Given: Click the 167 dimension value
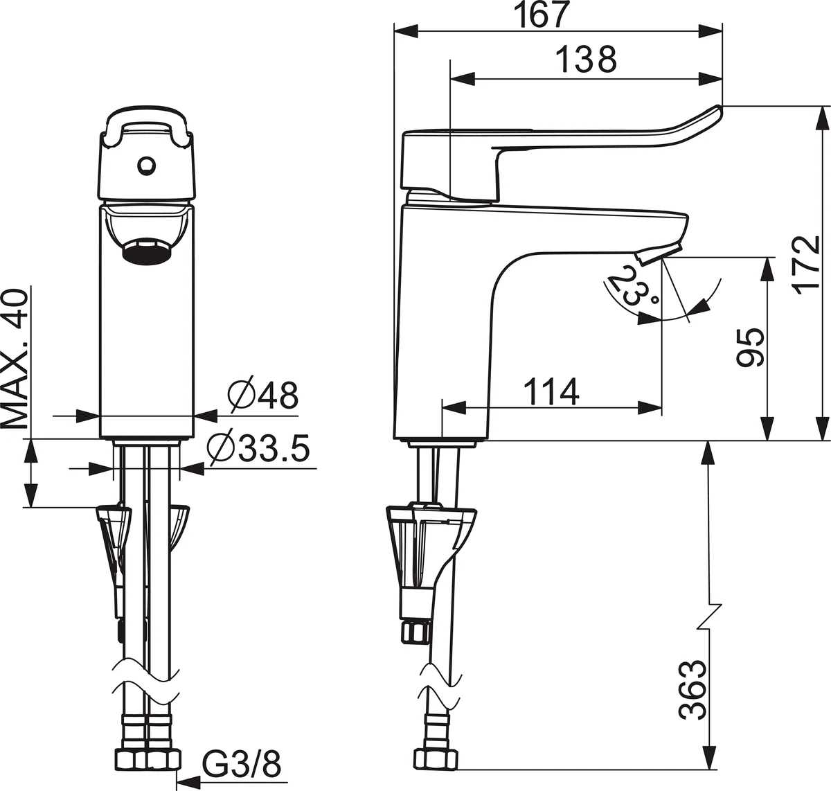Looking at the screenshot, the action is point(543,15).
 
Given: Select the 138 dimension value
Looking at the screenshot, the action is point(586,59).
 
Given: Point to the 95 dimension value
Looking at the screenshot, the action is point(750,348).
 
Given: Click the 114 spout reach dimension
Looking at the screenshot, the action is point(551,391).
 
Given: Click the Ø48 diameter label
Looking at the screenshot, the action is point(262,393).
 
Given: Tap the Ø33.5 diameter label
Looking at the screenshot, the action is point(258,447).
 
